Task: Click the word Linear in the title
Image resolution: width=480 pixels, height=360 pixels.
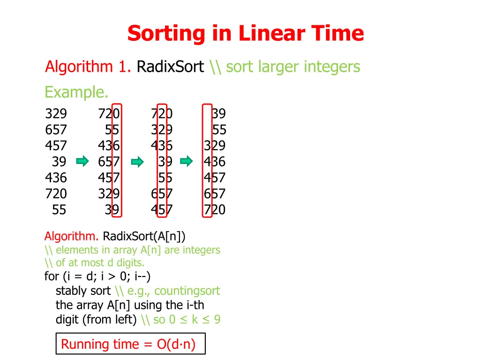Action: coord(266,34)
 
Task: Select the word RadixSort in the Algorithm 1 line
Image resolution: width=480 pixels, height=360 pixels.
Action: coord(170,67)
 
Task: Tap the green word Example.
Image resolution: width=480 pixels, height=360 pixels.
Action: coord(76,92)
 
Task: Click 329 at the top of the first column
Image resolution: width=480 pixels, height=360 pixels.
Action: coord(56,114)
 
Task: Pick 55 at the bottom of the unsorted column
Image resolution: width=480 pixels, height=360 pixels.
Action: coord(59,210)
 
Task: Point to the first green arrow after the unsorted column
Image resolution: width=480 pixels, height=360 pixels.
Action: coord(82,162)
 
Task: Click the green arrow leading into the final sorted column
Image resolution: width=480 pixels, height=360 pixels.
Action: coord(187,162)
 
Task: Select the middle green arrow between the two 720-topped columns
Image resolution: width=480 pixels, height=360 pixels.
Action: coord(137,162)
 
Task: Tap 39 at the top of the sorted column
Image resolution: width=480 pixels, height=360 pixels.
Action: coord(218,114)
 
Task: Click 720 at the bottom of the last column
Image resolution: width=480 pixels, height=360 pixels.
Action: coord(215,210)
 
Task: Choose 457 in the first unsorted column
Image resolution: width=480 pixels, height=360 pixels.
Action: coord(56,146)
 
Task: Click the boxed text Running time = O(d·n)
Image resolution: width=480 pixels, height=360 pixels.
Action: coord(128,345)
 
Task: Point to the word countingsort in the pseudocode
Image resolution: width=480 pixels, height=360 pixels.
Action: coord(187,291)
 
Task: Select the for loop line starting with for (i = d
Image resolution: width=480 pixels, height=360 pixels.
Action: coord(97,277)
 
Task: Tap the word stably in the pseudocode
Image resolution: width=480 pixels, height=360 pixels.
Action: coord(71,291)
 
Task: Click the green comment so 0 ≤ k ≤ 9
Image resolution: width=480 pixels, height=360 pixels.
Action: coord(187,320)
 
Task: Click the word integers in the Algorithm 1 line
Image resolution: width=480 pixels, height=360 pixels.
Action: coord(332,67)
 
